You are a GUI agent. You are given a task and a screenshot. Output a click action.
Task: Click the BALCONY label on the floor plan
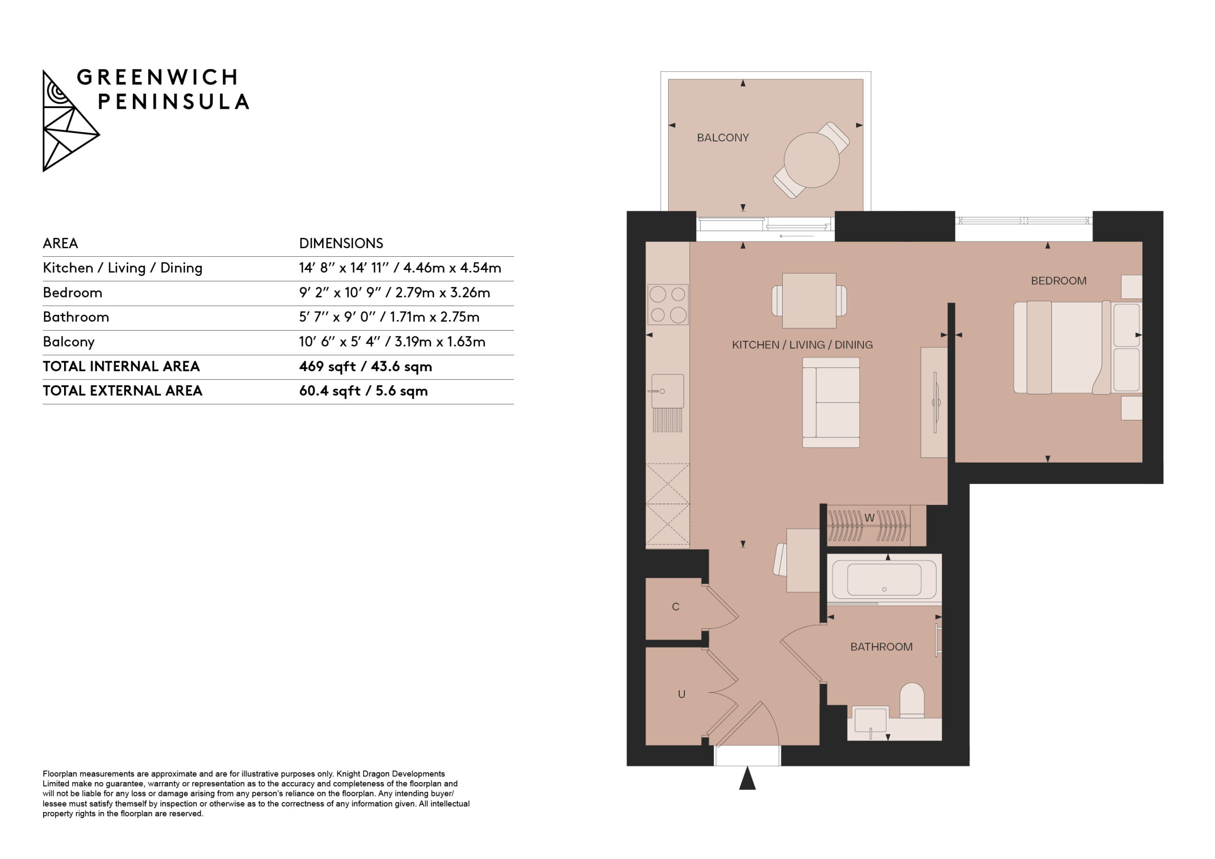coord(723,138)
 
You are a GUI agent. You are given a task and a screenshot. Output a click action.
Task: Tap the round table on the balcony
coord(811,160)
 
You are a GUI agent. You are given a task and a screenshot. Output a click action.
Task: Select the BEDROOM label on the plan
coord(1058,281)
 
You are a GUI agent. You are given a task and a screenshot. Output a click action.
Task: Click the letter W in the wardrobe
coord(869,518)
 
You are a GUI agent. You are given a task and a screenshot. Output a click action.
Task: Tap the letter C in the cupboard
coord(676,607)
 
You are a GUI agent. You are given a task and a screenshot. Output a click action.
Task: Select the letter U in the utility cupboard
coord(682,694)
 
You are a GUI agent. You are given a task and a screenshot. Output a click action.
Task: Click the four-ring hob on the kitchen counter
coord(668,304)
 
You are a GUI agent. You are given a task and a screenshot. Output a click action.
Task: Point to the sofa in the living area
coord(831,402)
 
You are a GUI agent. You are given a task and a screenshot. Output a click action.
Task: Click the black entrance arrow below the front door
coord(747,777)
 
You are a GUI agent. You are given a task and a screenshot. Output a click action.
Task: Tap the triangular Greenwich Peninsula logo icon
coord(70,121)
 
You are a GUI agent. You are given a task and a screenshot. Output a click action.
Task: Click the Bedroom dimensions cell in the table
coord(394,293)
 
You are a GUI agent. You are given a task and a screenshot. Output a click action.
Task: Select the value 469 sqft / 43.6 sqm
coord(365,366)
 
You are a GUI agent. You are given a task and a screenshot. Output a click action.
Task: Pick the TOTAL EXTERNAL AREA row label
coord(122,391)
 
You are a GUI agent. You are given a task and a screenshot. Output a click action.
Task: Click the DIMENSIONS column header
coord(341,243)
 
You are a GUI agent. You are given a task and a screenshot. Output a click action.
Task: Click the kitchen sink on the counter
coord(667,391)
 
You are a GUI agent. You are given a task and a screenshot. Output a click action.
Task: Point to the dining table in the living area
coord(809,300)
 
